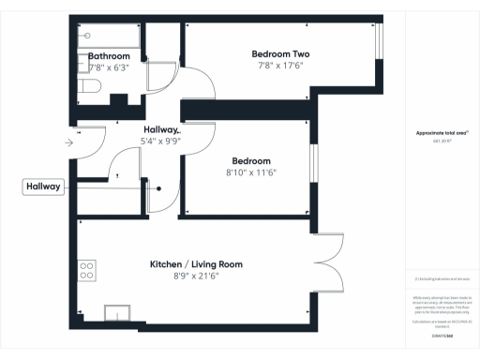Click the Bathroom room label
pyautogui.click(x=108, y=56)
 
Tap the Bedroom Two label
pyautogui.click(x=280, y=53)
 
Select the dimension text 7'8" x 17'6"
pyautogui.click(x=280, y=66)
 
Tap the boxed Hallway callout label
pyautogui.click(x=43, y=187)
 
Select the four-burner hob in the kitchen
pyautogui.click(x=87, y=270)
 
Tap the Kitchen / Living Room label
pyautogui.click(x=196, y=265)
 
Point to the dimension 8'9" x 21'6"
pyautogui.click(x=196, y=277)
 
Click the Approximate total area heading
pyautogui.click(x=441, y=133)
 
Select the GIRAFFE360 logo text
pyautogui.click(x=441, y=333)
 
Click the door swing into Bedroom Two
pyautogui.click(x=199, y=89)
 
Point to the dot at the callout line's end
pyautogui.click(x=158, y=188)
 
